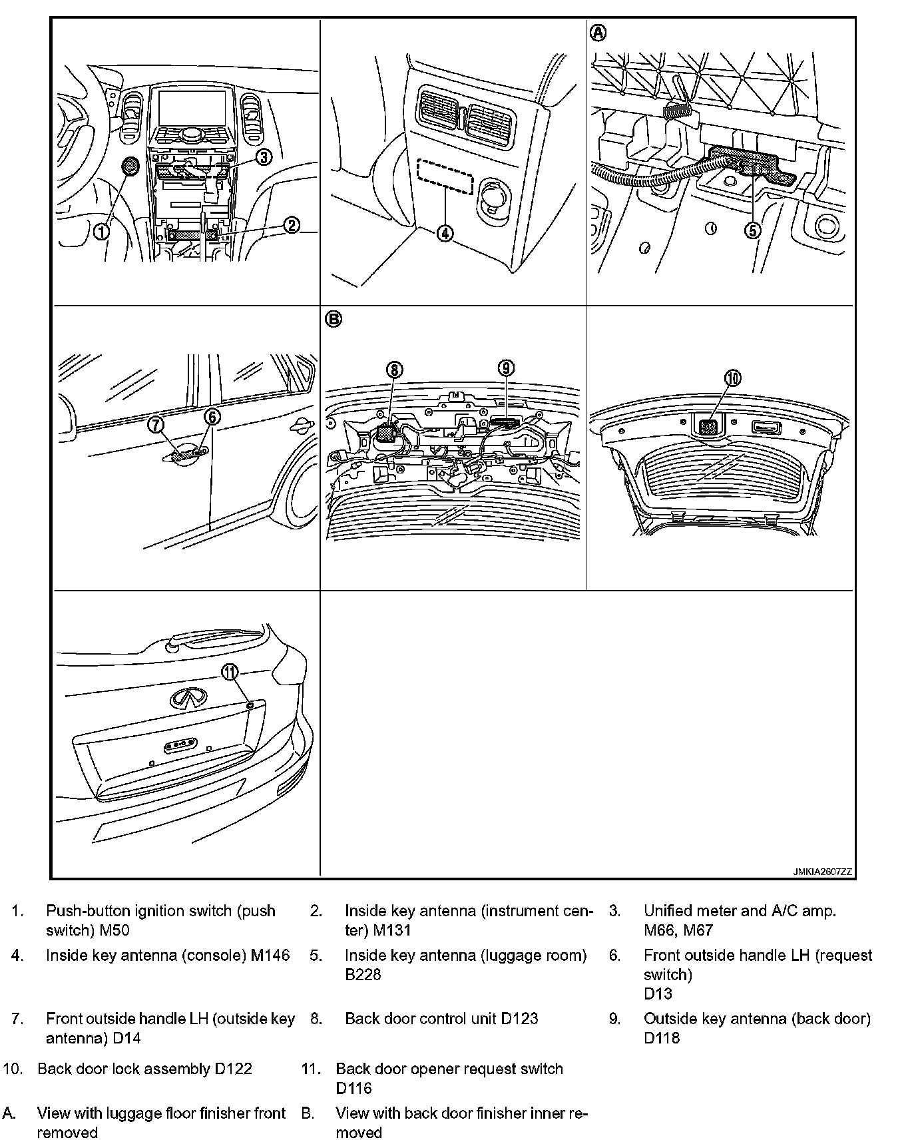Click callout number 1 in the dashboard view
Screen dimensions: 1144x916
pyautogui.click(x=101, y=231)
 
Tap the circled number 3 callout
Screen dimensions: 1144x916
pyautogui.click(x=264, y=156)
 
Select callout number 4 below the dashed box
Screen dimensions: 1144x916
pyautogui.click(x=445, y=233)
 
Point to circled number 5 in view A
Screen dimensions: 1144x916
pyautogui.click(x=752, y=230)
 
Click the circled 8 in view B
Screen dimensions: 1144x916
pyautogui.click(x=394, y=369)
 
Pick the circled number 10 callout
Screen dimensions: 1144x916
pyautogui.click(x=732, y=378)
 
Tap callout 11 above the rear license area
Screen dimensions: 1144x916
pyautogui.click(x=230, y=673)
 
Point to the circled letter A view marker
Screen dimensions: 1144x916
pyautogui.click(x=599, y=33)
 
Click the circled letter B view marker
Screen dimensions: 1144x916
pyautogui.click(x=334, y=320)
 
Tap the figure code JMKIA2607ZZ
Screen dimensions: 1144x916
pyautogui.click(x=822, y=872)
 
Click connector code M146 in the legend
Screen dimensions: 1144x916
pyautogui.click(x=270, y=956)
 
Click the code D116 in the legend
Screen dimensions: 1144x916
pyautogui.click(x=354, y=1089)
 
